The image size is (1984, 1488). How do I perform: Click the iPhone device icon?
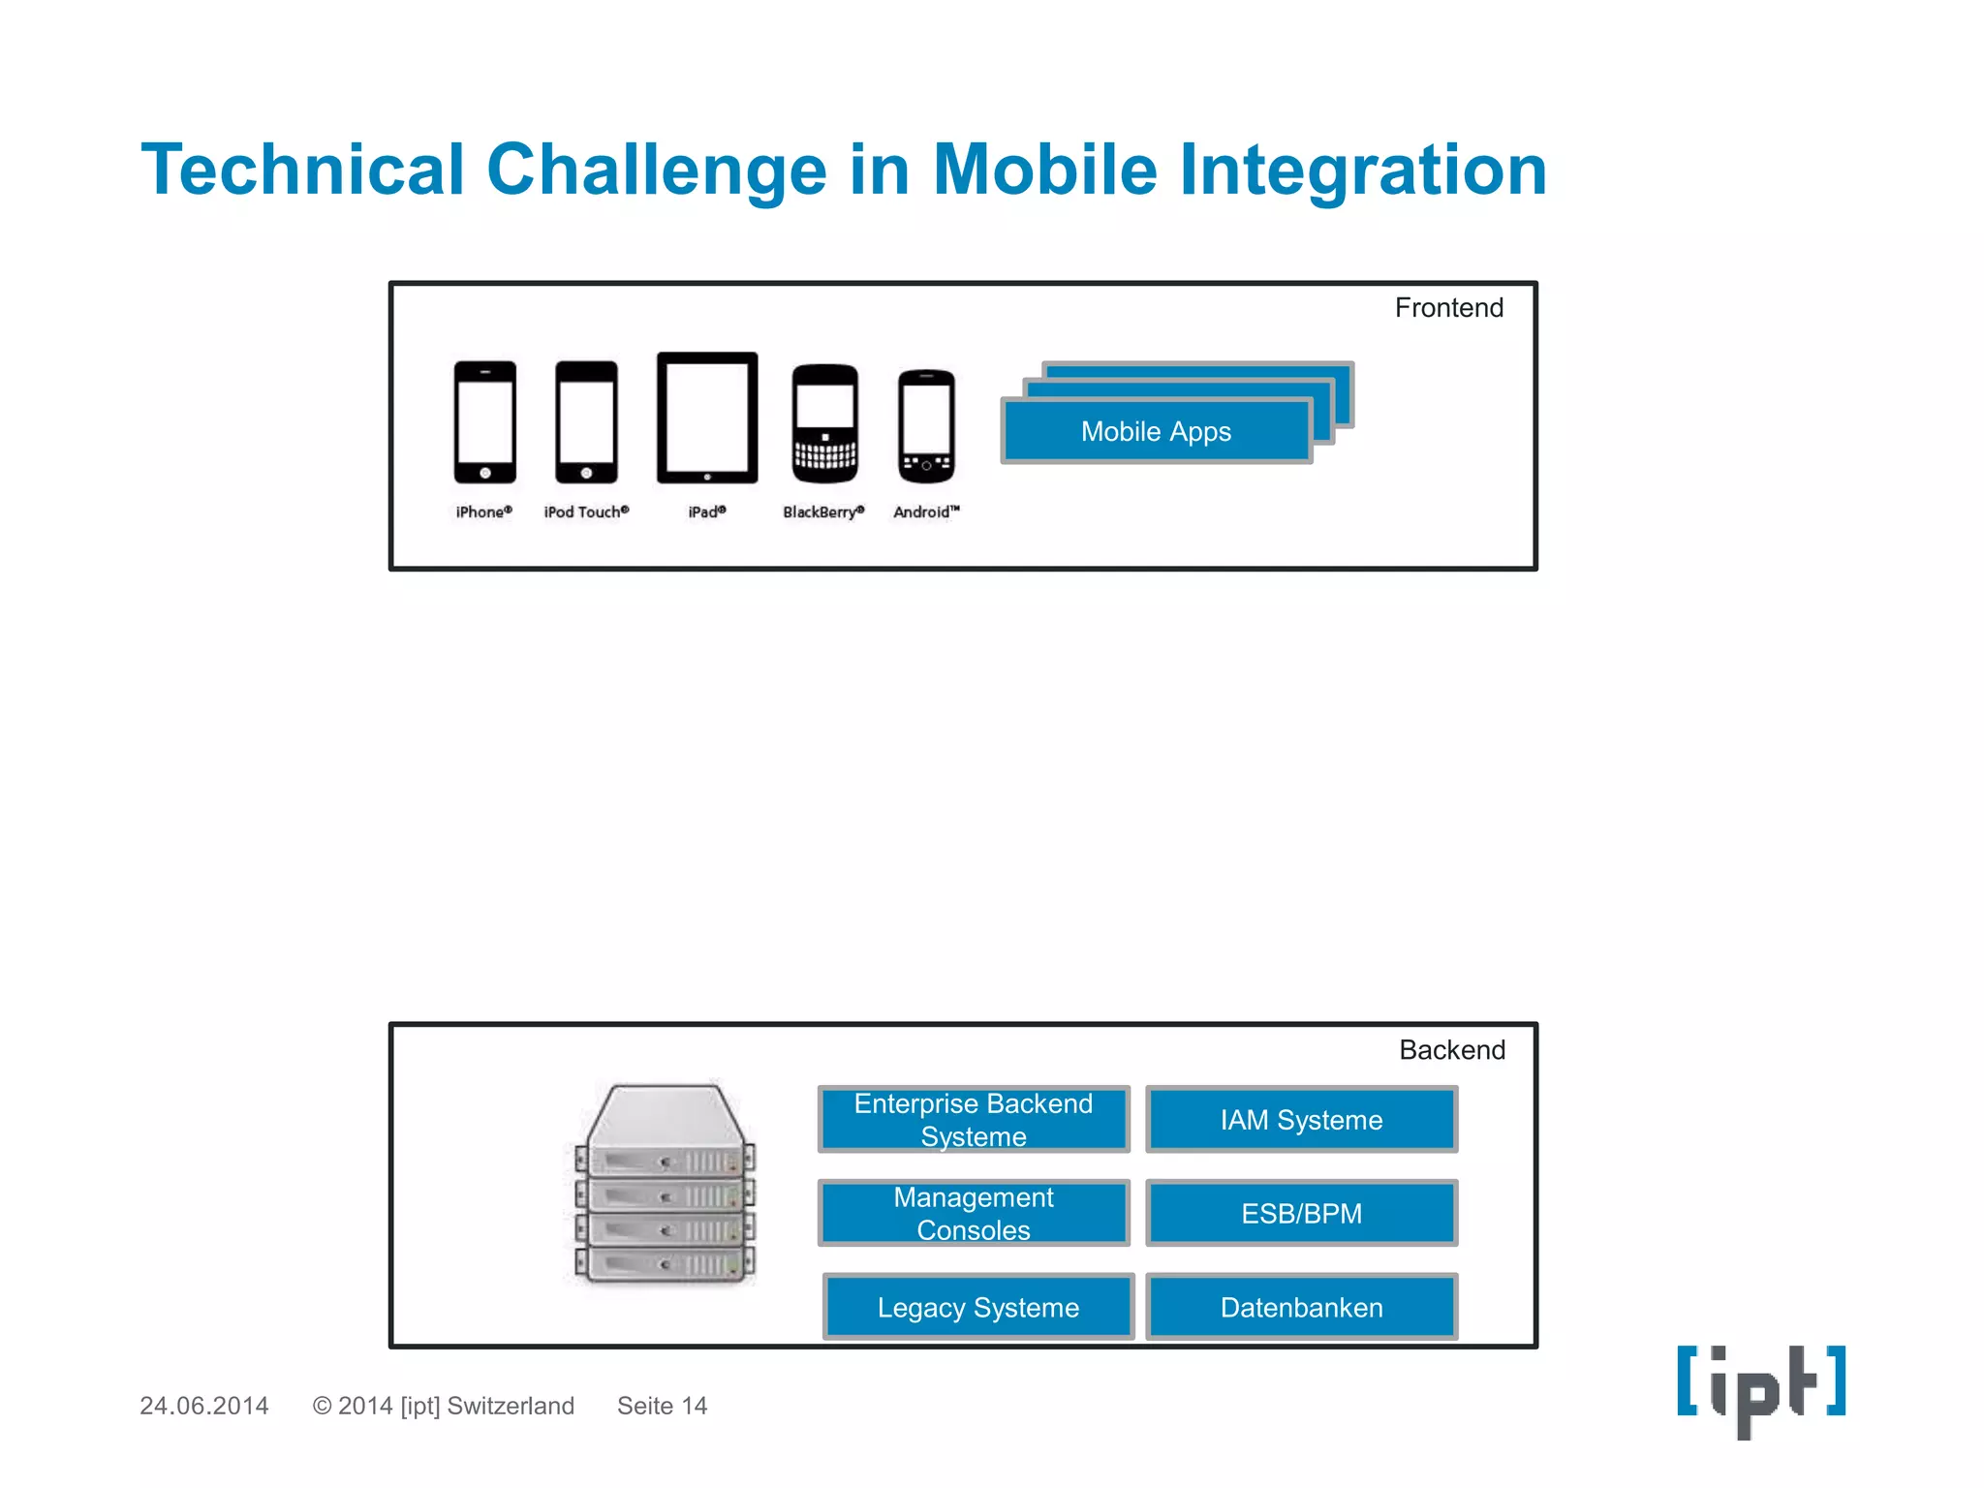pos(484,421)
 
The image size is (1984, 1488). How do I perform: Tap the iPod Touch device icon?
pos(586,421)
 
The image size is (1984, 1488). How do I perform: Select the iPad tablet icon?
pos(707,418)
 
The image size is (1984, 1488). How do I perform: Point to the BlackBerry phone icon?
pos(824,423)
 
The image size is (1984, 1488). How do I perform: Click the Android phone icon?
pos(926,426)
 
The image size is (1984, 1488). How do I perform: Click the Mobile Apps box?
pos(1156,431)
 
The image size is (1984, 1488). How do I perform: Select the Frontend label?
pos(1448,308)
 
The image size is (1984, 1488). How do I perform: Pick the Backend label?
pos(1451,1050)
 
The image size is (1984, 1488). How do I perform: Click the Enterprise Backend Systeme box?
pos(974,1120)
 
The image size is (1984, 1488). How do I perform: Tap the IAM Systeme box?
pos(1301,1120)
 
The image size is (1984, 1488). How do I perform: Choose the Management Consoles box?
pos(974,1213)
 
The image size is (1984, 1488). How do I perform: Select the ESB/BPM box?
pos(1301,1213)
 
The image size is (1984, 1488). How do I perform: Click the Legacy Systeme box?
pos(978,1307)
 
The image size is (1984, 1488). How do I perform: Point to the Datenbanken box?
pos(1301,1307)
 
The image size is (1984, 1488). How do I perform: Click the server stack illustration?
pos(665,1184)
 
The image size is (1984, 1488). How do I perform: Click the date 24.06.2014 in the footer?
pos(204,1406)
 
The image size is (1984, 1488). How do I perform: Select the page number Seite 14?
pos(663,1406)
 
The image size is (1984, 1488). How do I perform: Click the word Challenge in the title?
pos(656,170)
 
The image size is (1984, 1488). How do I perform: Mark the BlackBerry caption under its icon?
pos(823,512)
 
